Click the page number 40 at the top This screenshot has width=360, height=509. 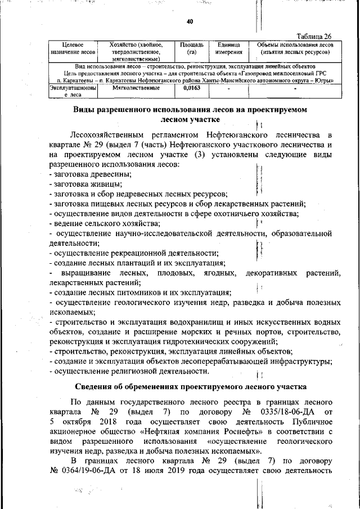tap(190, 21)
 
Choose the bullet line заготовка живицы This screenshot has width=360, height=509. tap(82, 184)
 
